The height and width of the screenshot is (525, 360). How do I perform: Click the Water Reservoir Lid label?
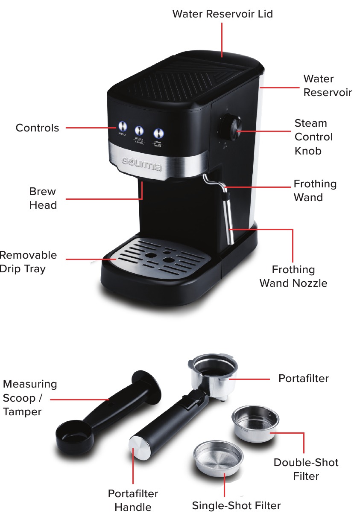coord(222,14)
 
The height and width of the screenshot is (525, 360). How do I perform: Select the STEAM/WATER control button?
coord(158,132)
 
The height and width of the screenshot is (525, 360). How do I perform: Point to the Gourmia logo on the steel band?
coord(142,164)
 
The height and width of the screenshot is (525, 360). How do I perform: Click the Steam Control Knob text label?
coord(313,137)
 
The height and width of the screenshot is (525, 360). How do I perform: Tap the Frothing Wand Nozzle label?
coord(293,276)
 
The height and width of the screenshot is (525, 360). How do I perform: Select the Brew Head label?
coord(43,198)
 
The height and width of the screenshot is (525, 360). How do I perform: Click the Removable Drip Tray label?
coord(28,262)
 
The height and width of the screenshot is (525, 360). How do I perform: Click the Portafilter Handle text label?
coord(133,500)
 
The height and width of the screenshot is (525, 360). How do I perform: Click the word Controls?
coord(37,128)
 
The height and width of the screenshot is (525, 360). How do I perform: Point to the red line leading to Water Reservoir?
coord(280,87)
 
